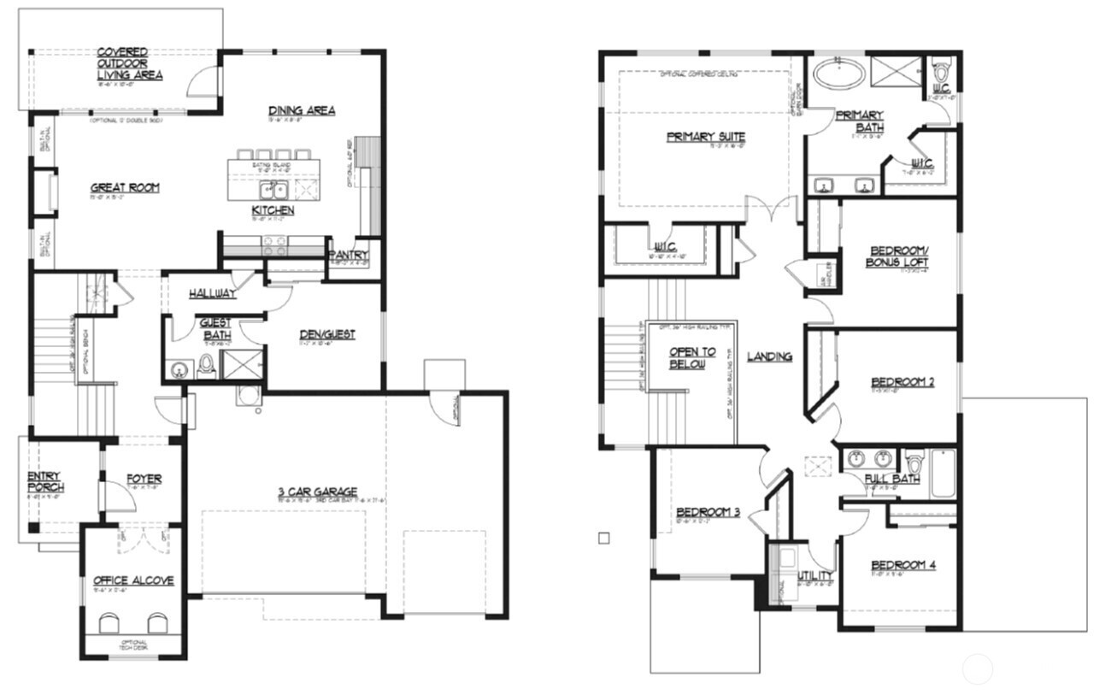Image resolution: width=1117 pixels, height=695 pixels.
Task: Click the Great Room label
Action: click(125, 188)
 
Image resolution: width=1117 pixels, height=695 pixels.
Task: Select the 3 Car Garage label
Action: click(317, 492)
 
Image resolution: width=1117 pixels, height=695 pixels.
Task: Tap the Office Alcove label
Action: click(133, 581)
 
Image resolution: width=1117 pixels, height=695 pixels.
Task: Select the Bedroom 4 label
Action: click(903, 565)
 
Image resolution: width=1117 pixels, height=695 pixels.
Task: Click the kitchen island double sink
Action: click(273, 190)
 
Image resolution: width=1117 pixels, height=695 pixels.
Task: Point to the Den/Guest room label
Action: click(327, 334)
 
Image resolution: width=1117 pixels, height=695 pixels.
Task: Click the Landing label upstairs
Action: click(769, 356)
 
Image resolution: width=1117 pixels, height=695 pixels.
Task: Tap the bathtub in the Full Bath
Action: click(944, 474)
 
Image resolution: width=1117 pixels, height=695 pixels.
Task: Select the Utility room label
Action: click(814, 576)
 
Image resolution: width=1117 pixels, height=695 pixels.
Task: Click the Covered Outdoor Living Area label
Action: click(130, 64)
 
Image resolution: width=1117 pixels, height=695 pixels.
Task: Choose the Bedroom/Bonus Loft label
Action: click(898, 256)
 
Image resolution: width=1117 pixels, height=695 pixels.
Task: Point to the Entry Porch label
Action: click(45, 481)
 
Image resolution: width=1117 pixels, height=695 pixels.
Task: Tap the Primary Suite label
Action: click(706, 137)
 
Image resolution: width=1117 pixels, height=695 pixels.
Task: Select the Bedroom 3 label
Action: click(707, 512)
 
